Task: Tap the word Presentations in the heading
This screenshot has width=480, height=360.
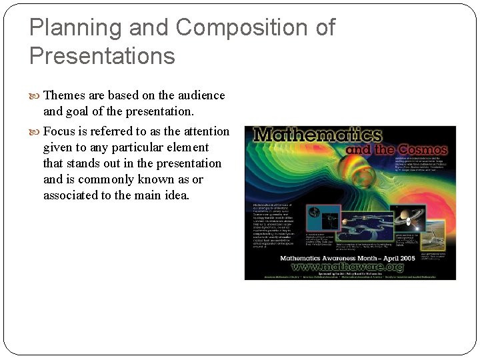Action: coord(102,55)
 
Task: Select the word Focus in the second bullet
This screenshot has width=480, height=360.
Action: coord(59,131)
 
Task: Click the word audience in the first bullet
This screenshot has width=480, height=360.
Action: coord(200,95)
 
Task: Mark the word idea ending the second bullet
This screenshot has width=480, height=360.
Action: coord(177,195)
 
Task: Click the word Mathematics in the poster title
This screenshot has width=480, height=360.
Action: coord(317,135)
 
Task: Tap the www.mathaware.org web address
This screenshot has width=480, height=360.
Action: coord(351,266)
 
